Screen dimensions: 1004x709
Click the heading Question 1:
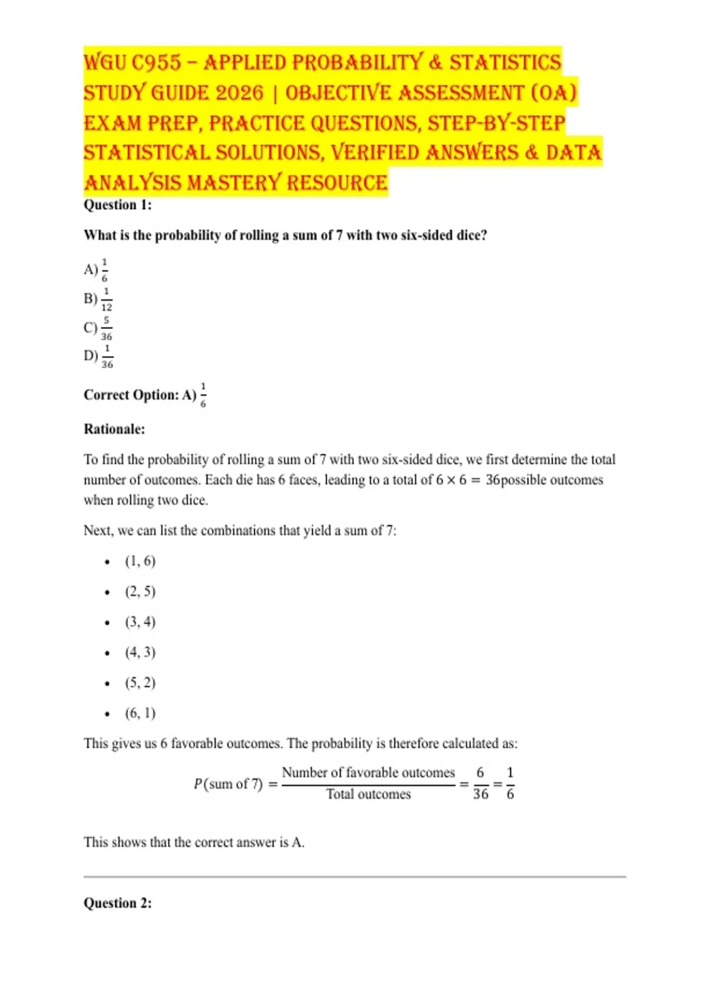point(118,205)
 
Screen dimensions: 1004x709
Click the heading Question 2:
point(118,903)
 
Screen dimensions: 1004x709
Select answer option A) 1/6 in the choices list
point(96,270)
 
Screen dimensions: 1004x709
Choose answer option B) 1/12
point(97,299)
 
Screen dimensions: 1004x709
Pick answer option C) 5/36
point(97,328)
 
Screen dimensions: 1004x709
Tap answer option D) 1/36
point(98,356)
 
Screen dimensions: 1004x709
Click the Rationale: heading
point(114,429)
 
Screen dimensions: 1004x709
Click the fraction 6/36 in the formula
point(480,784)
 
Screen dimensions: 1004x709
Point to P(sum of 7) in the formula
point(228,784)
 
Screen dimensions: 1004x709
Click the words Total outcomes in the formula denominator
point(369,794)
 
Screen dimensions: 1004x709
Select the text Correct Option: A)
point(140,395)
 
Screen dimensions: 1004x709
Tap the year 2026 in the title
point(239,93)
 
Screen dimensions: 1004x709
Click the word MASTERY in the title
point(234,183)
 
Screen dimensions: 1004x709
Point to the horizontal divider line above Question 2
point(354,877)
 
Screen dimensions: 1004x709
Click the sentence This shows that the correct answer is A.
point(194,842)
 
